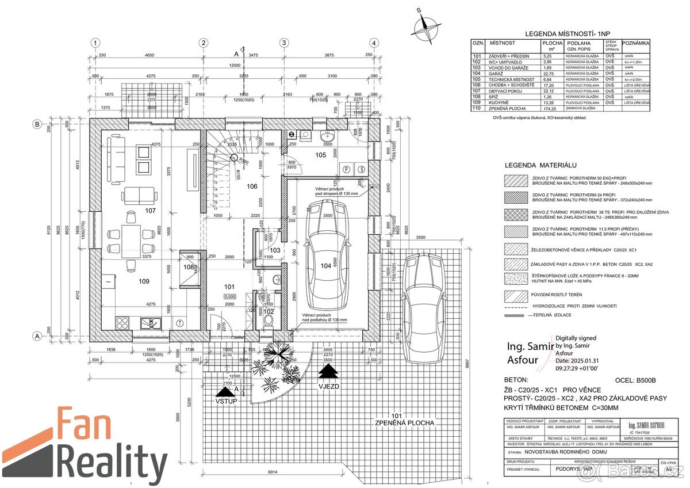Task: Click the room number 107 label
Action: [x=150, y=211]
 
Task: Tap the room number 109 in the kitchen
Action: [x=143, y=281]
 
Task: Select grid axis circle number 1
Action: [x=95, y=43]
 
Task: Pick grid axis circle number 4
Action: [x=374, y=43]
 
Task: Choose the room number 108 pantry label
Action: [x=188, y=267]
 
